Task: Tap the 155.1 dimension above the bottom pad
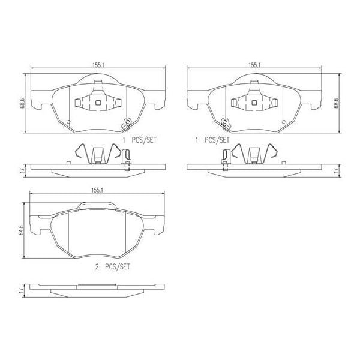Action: [98, 191]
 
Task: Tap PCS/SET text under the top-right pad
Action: [216, 139]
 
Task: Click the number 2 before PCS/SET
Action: [97, 265]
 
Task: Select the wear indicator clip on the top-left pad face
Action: [126, 124]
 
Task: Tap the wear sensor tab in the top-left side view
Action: [126, 159]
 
